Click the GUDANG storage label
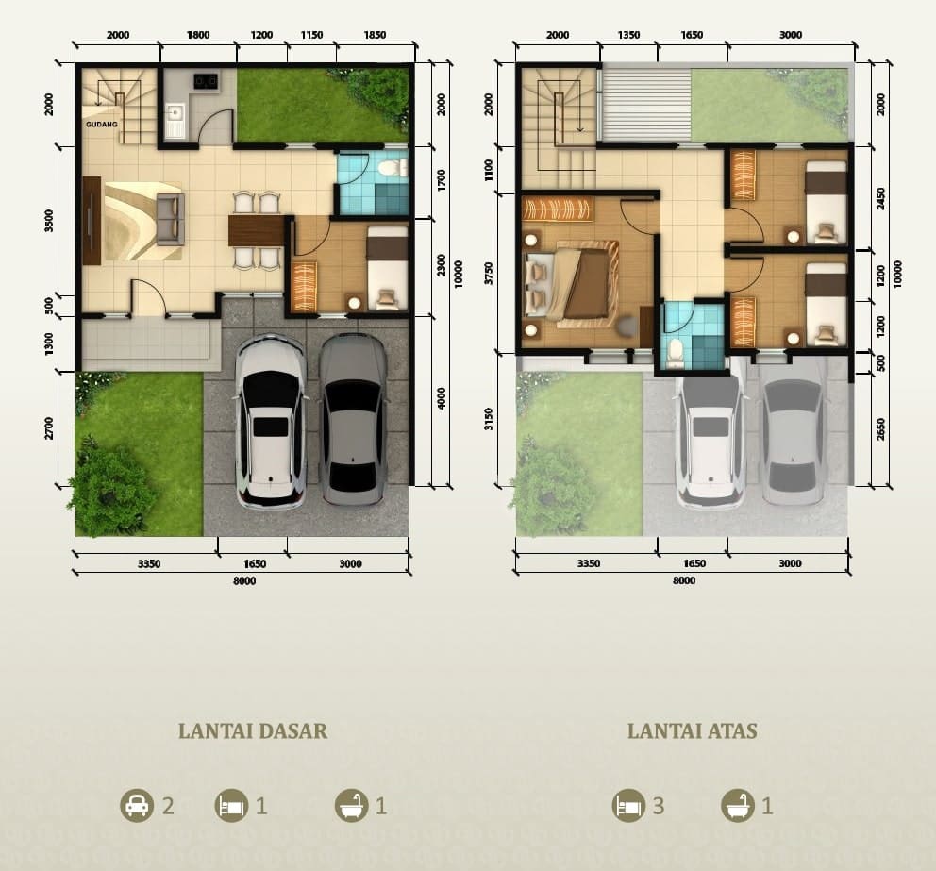[x=102, y=125]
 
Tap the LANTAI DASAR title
[x=253, y=730]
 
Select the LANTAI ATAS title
[x=692, y=730]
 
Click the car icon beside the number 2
[x=137, y=805]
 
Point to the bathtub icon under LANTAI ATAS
[x=738, y=805]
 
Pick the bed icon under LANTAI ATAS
[x=628, y=805]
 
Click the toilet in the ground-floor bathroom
[x=391, y=167]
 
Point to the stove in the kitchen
[x=205, y=79]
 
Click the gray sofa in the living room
[x=170, y=219]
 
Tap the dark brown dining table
[x=257, y=230]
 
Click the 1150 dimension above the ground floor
[x=311, y=35]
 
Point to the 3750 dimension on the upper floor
[x=489, y=273]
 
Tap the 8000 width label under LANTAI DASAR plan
[x=244, y=581]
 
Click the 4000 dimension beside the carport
[x=442, y=399]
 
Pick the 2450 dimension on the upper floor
[x=880, y=199]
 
